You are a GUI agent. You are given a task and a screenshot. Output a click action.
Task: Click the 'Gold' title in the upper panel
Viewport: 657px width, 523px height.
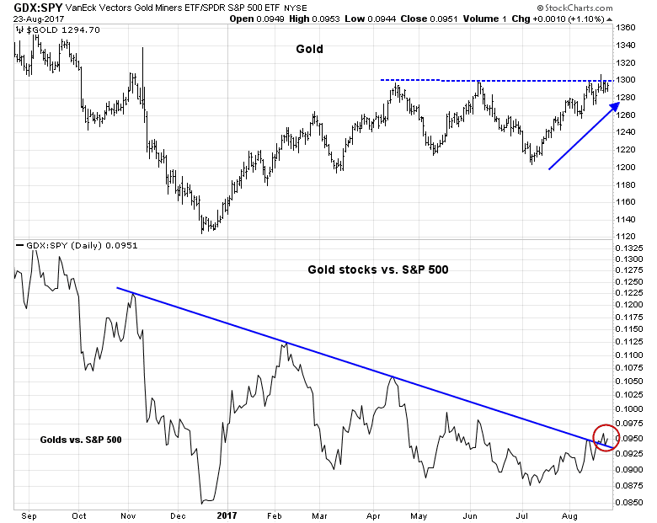point(309,50)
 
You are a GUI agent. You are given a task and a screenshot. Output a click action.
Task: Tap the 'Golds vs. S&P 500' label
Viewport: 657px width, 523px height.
point(81,440)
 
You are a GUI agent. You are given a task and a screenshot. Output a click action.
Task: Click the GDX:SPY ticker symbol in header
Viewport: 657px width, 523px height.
point(29,8)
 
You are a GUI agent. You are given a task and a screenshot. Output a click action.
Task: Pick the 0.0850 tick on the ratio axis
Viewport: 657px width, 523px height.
point(631,504)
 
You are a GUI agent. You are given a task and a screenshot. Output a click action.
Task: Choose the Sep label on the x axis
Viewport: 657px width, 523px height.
point(25,513)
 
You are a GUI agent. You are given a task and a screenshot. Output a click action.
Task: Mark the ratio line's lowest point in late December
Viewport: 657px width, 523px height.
point(204,503)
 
